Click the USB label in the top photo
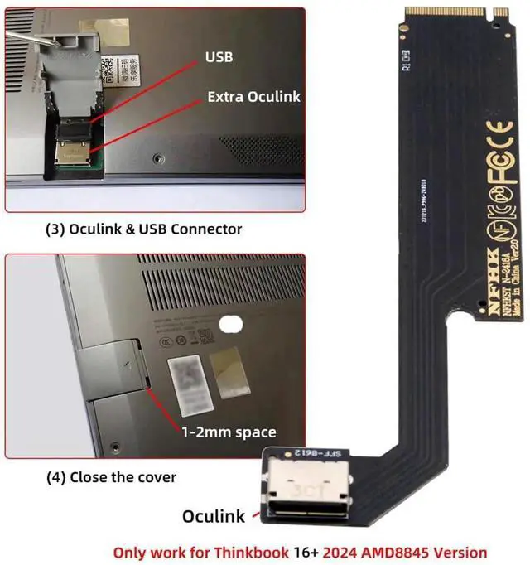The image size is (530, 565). [x=218, y=58]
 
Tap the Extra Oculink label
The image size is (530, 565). [x=252, y=97]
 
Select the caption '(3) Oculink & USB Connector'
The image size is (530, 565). [x=142, y=228]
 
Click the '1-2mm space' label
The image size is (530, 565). [x=229, y=432]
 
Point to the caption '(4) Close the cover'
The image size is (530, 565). [x=110, y=477]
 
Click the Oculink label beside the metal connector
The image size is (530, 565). [x=214, y=516]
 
